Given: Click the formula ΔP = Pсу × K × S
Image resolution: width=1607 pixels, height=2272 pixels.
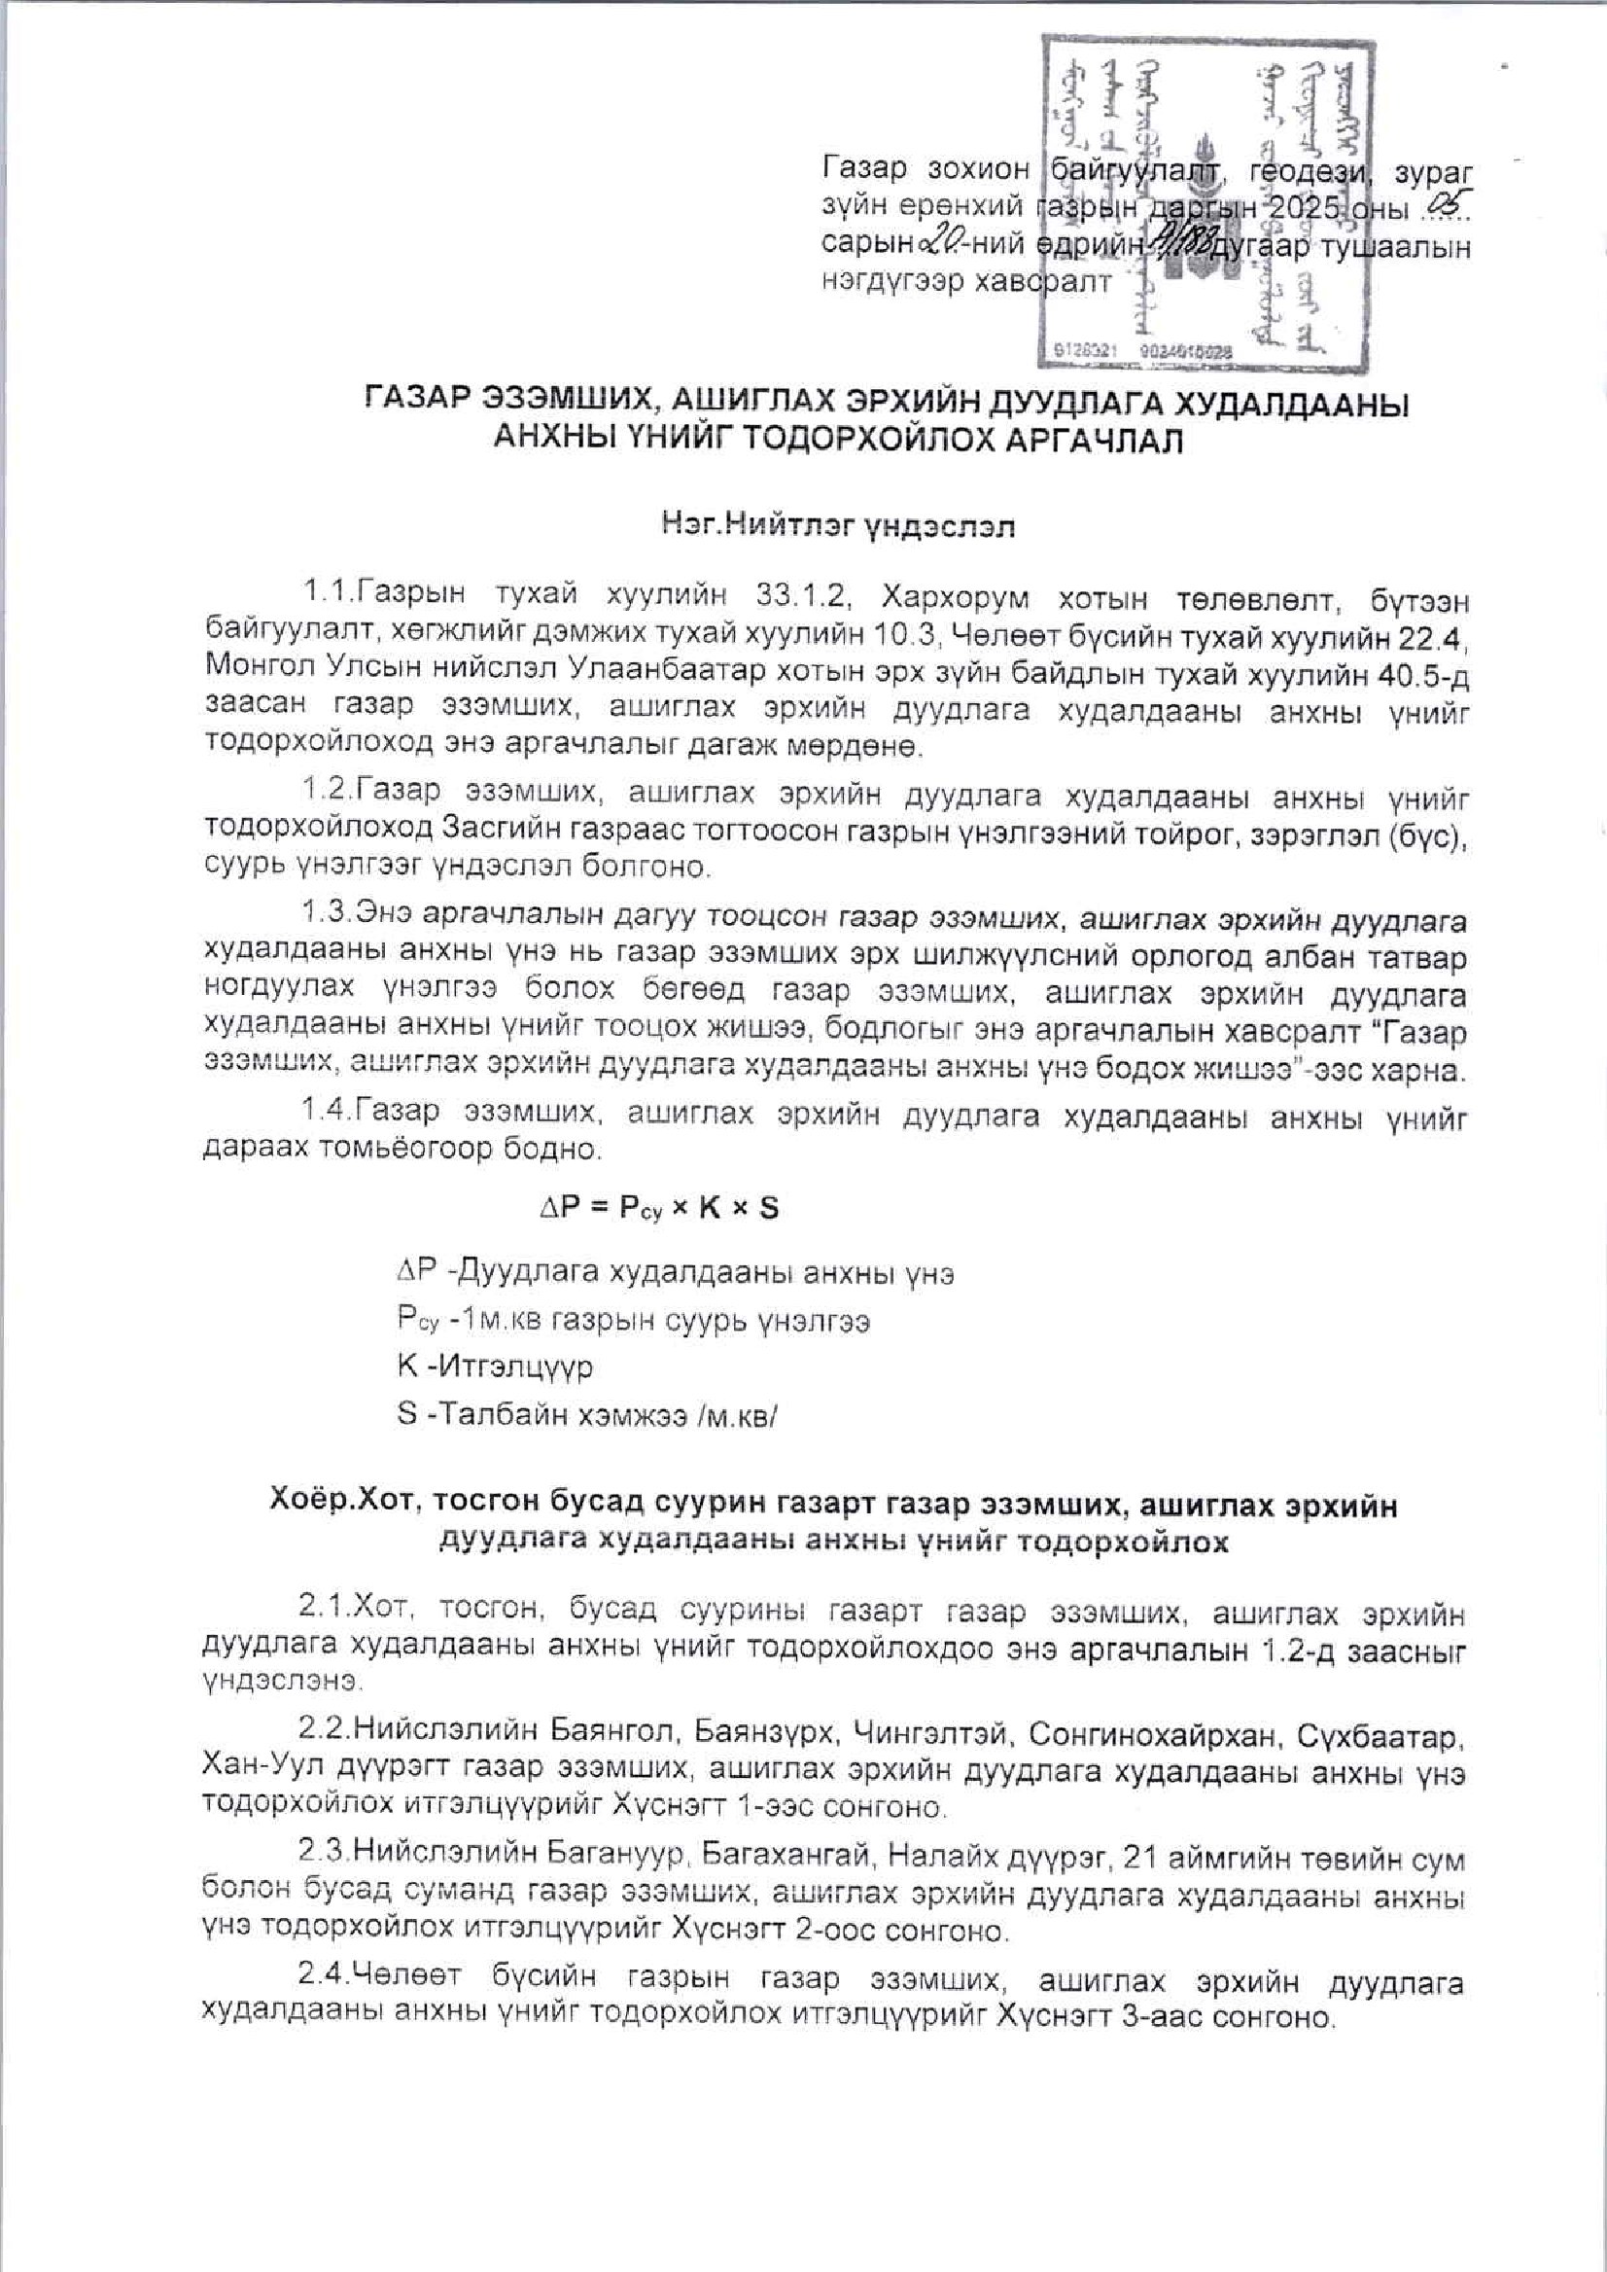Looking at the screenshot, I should (x=657, y=1208).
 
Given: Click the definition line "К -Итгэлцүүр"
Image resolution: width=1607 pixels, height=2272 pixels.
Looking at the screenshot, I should (x=494, y=1367).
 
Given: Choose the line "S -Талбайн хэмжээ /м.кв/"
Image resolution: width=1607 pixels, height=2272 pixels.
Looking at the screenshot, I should (x=587, y=1414).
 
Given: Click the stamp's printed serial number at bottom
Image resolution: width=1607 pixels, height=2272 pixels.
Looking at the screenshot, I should (x=1138, y=351).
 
